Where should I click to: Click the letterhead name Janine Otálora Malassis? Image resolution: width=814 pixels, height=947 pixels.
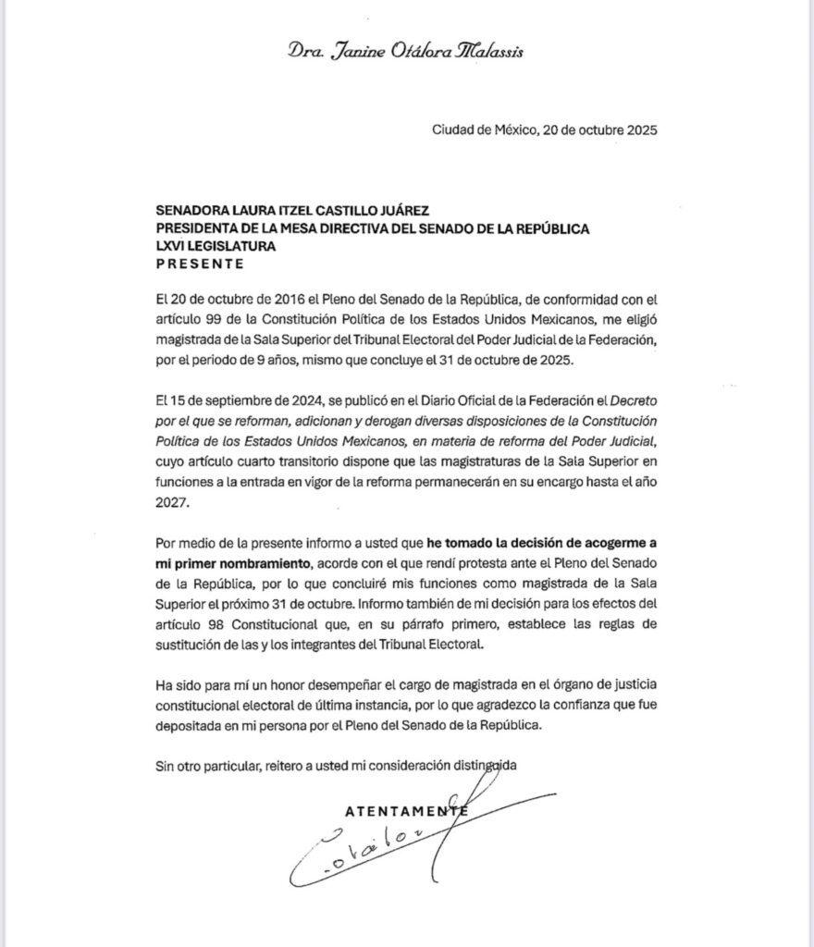pyautogui.click(x=405, y=52)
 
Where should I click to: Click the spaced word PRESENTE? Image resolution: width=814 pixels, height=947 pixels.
pyautogui.click(x=201, y=263)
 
